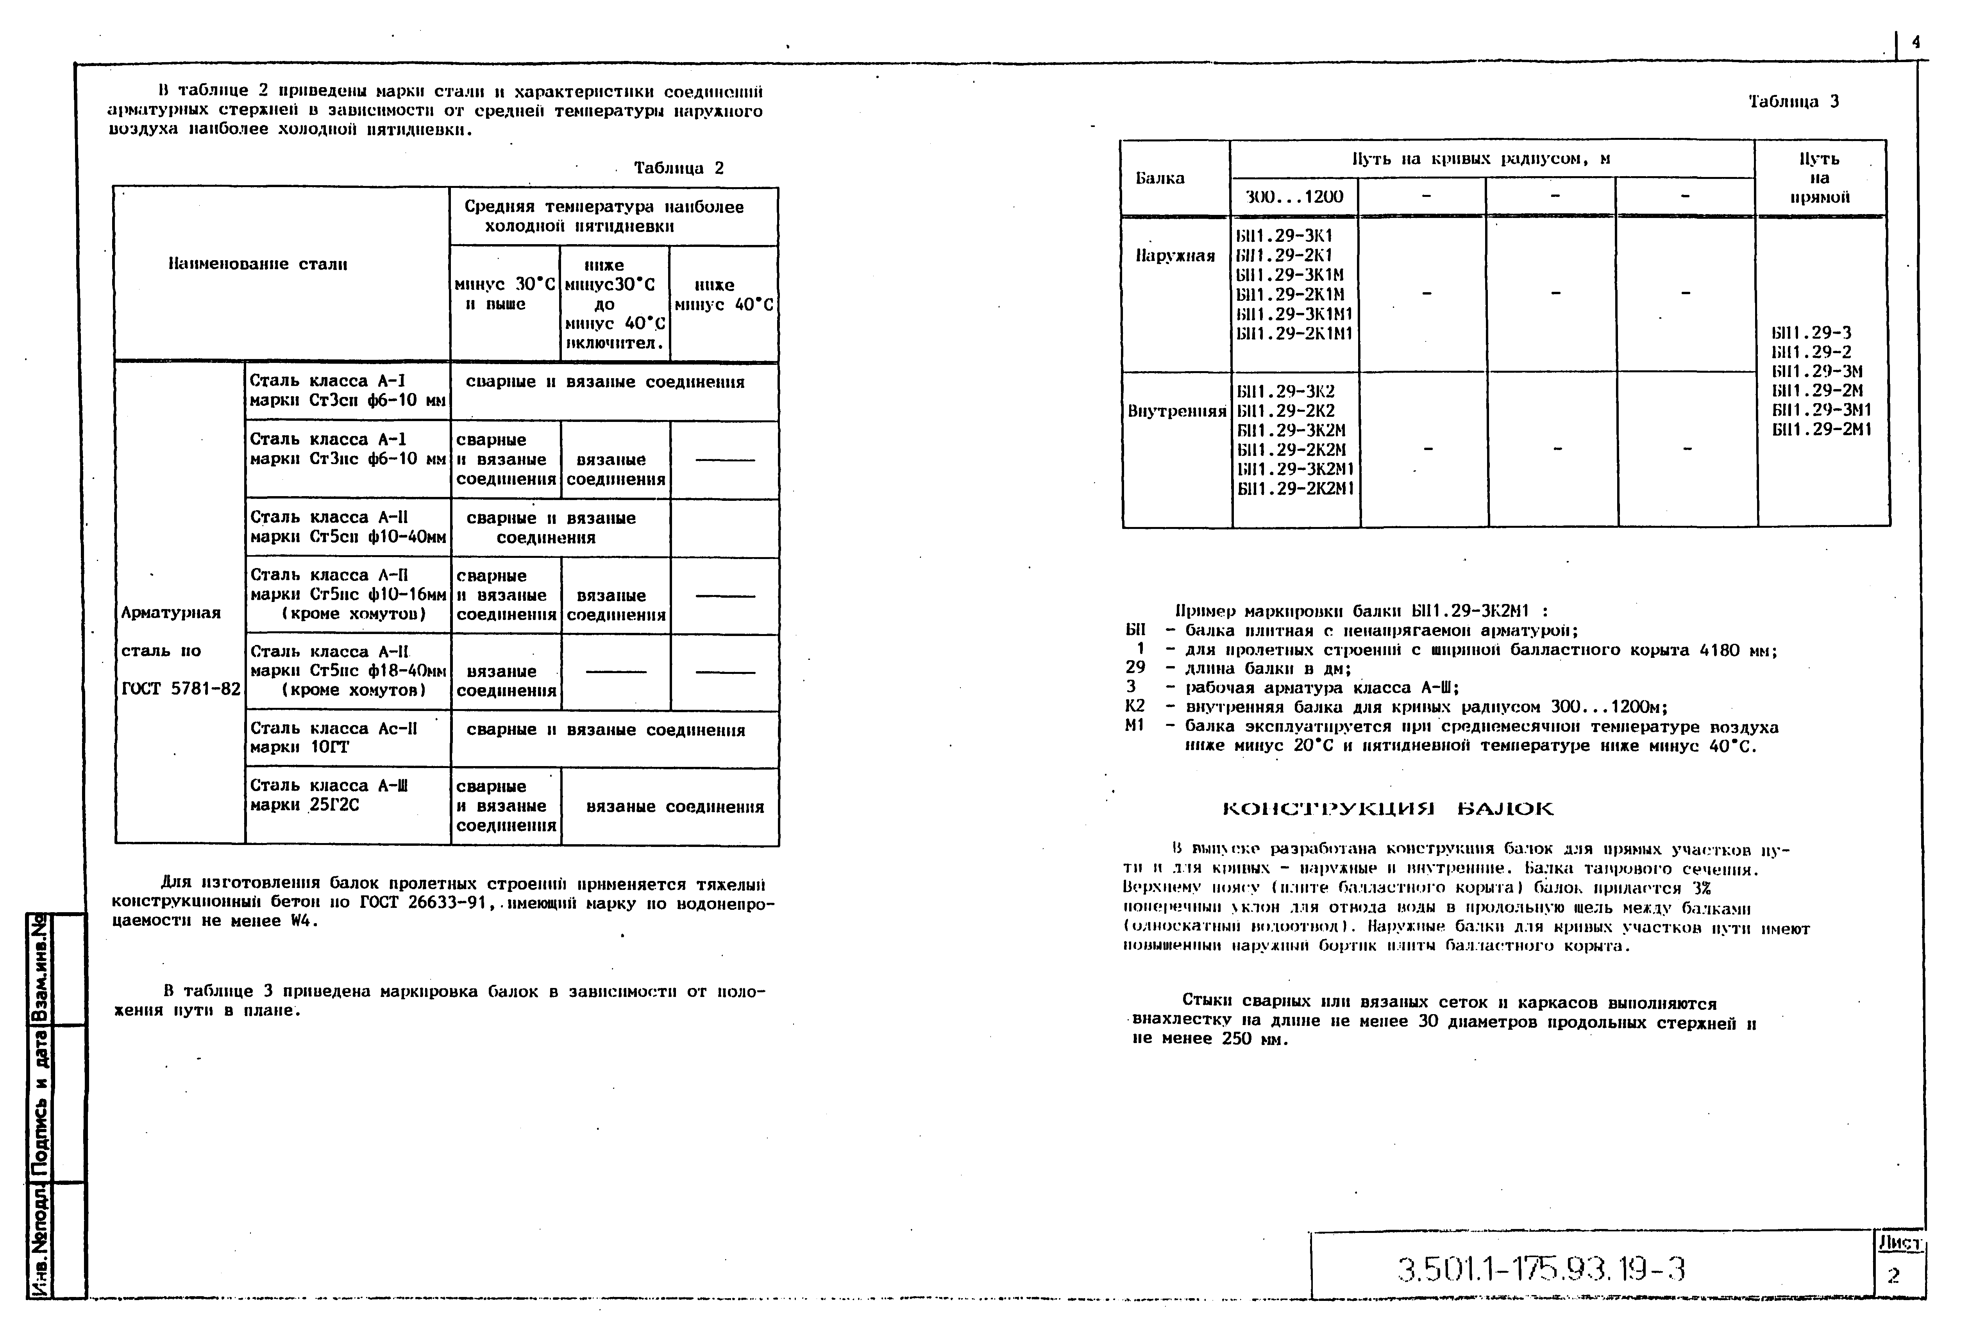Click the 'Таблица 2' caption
678,168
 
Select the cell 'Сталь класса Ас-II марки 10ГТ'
333,737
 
